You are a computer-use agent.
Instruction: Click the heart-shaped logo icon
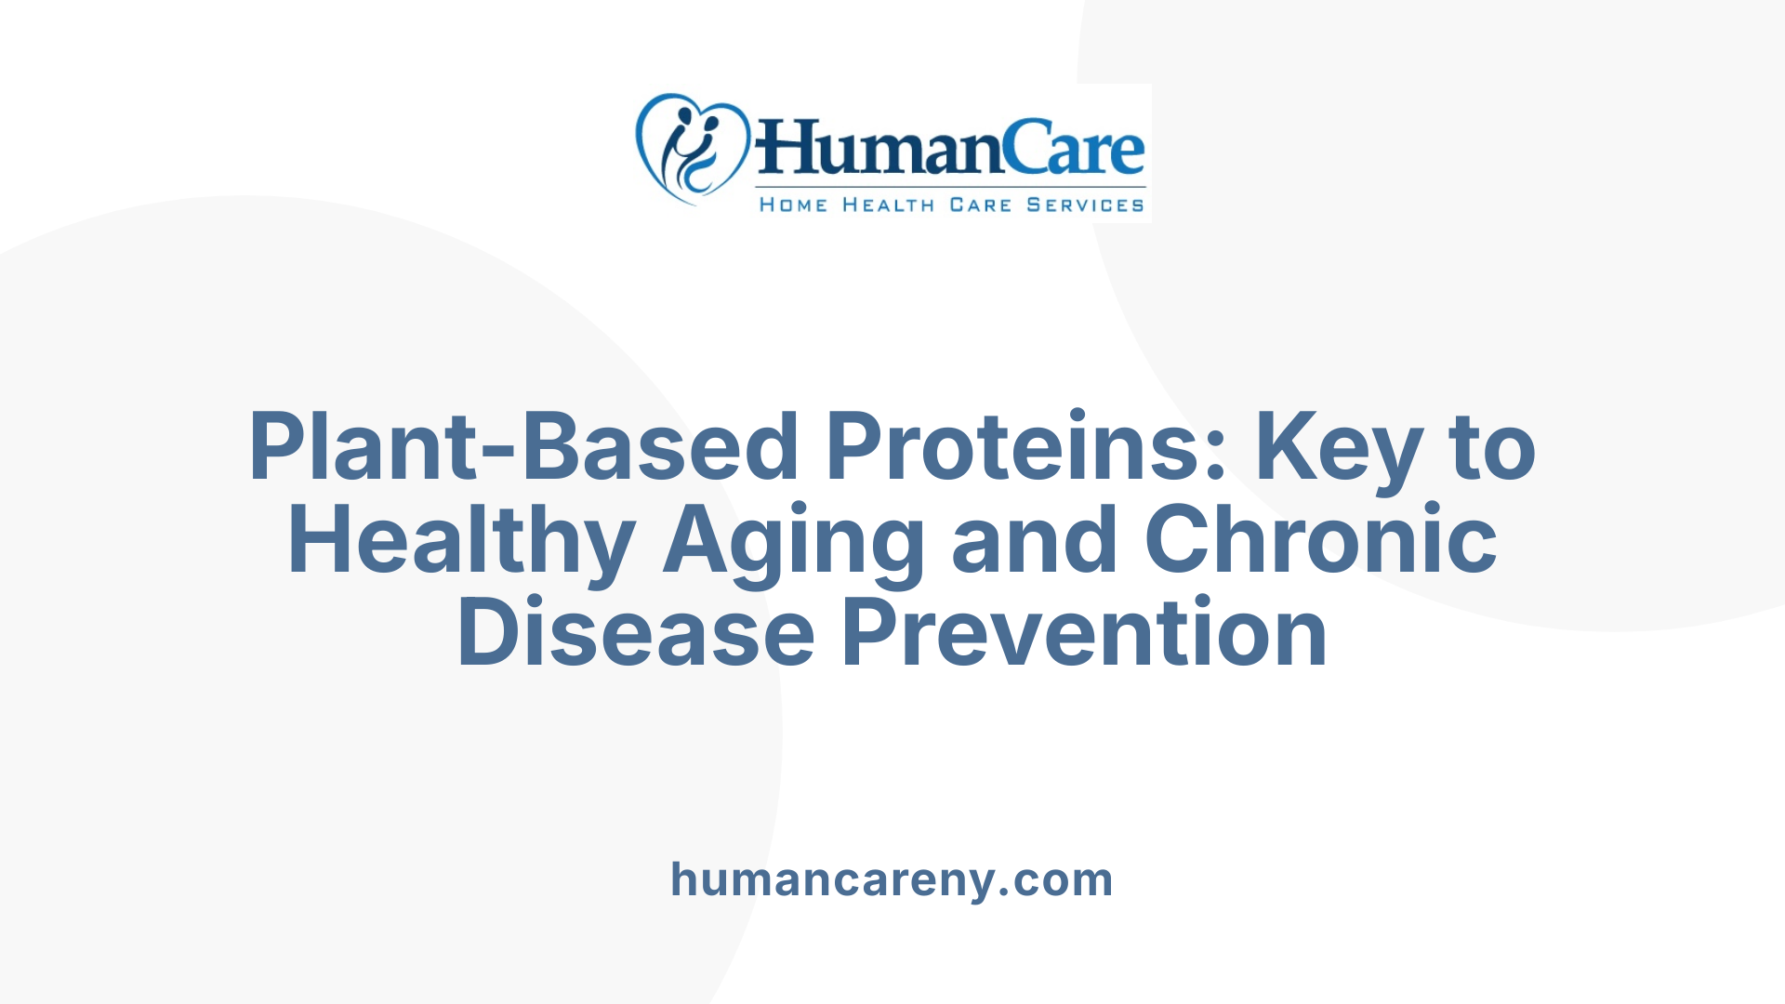click(693, 149)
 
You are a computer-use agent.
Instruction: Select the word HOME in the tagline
click(793, 205)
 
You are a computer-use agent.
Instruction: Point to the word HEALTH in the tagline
click(888, 205)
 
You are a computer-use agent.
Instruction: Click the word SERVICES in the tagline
click(1085, 205)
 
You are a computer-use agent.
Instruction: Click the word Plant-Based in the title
click(523, 447)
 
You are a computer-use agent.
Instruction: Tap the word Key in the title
click(1338, 449)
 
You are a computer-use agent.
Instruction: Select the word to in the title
click(1492, 447)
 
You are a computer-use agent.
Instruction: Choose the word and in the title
click(1034, 540)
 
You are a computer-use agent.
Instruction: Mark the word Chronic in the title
click(1320, 540)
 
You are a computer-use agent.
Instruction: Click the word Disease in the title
click(636, 633)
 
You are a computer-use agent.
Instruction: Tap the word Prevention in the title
click(1084, 633)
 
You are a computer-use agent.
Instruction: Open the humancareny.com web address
click(892, 879)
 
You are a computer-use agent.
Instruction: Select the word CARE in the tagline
click(980, 205)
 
